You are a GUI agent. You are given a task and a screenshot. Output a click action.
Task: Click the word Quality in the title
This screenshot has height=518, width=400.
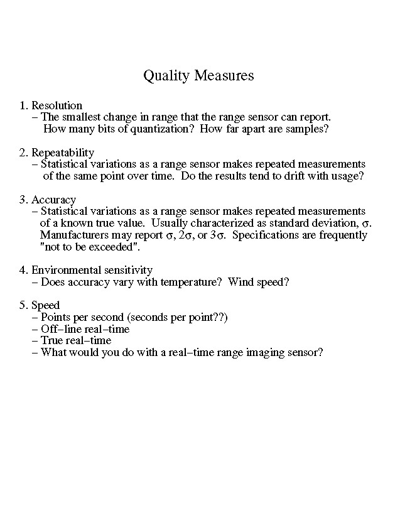pos(167,76)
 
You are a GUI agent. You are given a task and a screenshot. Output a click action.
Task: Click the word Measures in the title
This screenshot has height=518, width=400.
pos(224,76)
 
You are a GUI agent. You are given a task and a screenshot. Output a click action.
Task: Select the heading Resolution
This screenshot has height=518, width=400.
pos(57,105)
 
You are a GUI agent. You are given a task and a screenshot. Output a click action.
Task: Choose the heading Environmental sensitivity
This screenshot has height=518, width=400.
pos(92,270)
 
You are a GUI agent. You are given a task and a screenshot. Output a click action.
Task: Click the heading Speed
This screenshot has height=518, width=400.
pos(45,305)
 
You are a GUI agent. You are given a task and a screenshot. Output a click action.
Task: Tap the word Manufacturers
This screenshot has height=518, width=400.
pos(75,235)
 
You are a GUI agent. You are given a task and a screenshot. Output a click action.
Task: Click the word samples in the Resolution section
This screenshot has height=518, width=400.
pos(308,129)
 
